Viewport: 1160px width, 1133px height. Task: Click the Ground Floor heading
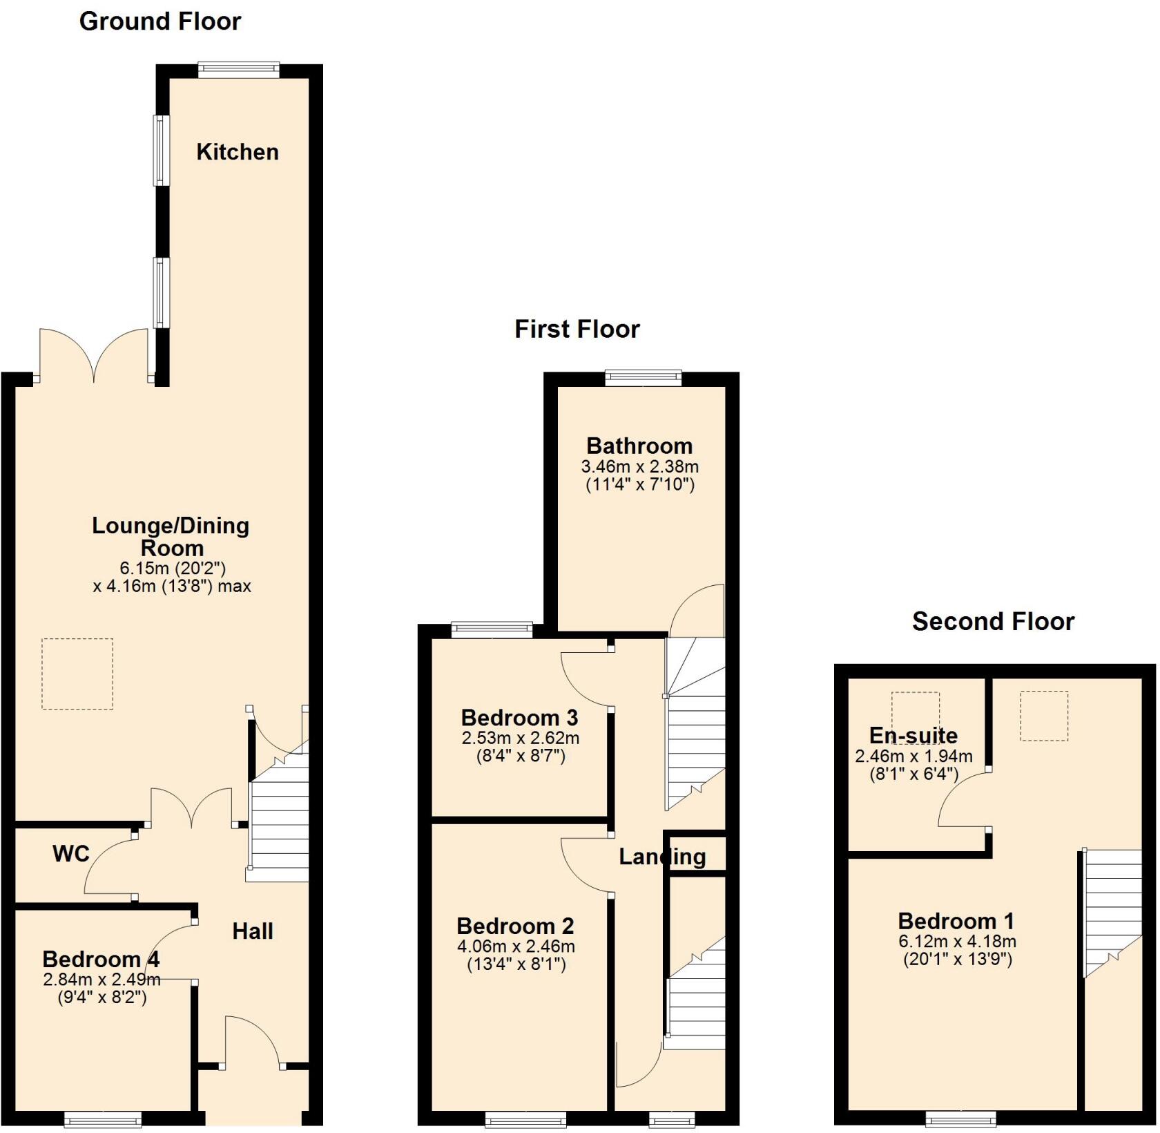[160, 21]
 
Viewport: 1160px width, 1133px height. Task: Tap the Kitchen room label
[238, 152]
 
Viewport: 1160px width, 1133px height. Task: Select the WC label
[71, 854]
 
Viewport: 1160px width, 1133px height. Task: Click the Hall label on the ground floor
[253, 931]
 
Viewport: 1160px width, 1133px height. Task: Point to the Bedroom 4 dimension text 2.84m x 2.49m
[101, 979]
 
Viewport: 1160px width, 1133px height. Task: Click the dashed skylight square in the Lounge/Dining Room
[77, 674]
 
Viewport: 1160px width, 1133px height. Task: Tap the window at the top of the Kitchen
[239, 69]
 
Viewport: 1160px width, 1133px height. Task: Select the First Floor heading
[577, 329]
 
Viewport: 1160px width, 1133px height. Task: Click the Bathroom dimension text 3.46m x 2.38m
[640, 466]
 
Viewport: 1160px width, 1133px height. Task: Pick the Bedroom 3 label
[519, 717]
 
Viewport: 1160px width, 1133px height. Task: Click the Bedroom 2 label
[515, 926]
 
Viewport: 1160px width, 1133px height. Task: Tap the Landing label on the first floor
[662, 857]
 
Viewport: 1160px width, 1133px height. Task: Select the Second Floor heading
[993, 621]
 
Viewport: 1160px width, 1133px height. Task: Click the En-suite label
[913, 735]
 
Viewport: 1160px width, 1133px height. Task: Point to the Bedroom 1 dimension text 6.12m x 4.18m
[957, 941]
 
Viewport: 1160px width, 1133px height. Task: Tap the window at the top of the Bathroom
[644, 377]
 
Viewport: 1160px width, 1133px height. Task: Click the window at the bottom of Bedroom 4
[104, 1118]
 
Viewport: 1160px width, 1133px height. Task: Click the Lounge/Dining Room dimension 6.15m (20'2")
[173, 568]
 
